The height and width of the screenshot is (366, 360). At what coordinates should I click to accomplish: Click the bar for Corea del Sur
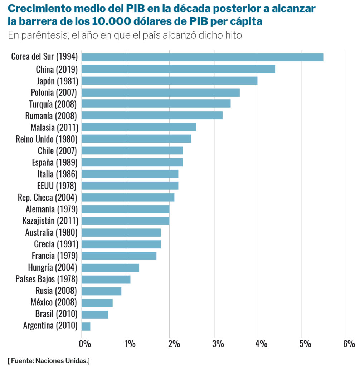[x=203, y=57]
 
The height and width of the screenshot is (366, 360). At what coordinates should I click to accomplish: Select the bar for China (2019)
[x=178, y=69]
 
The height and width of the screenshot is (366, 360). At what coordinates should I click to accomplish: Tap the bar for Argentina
[x=86, y=326]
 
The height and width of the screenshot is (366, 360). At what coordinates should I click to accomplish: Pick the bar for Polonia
[x=161, y=93]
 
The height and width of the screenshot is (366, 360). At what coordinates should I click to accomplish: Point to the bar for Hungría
[x=110, y=268]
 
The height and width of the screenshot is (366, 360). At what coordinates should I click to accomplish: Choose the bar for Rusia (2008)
[x=101, y=291]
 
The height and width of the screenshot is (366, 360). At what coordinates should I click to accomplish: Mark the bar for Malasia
[x=139, y=127]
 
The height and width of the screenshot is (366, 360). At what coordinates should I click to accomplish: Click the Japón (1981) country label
[x=57, y=81]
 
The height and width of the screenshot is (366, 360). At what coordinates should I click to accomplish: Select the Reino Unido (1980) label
[x=47, y=139]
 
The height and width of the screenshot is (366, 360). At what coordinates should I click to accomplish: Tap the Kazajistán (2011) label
[x=50, y=221]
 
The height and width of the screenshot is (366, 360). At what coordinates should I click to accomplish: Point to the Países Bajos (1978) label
[x=47, y=279]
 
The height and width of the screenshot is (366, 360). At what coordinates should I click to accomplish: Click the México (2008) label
[x=54, y=303]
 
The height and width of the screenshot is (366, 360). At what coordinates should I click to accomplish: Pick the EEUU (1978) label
[x=57, y=186]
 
